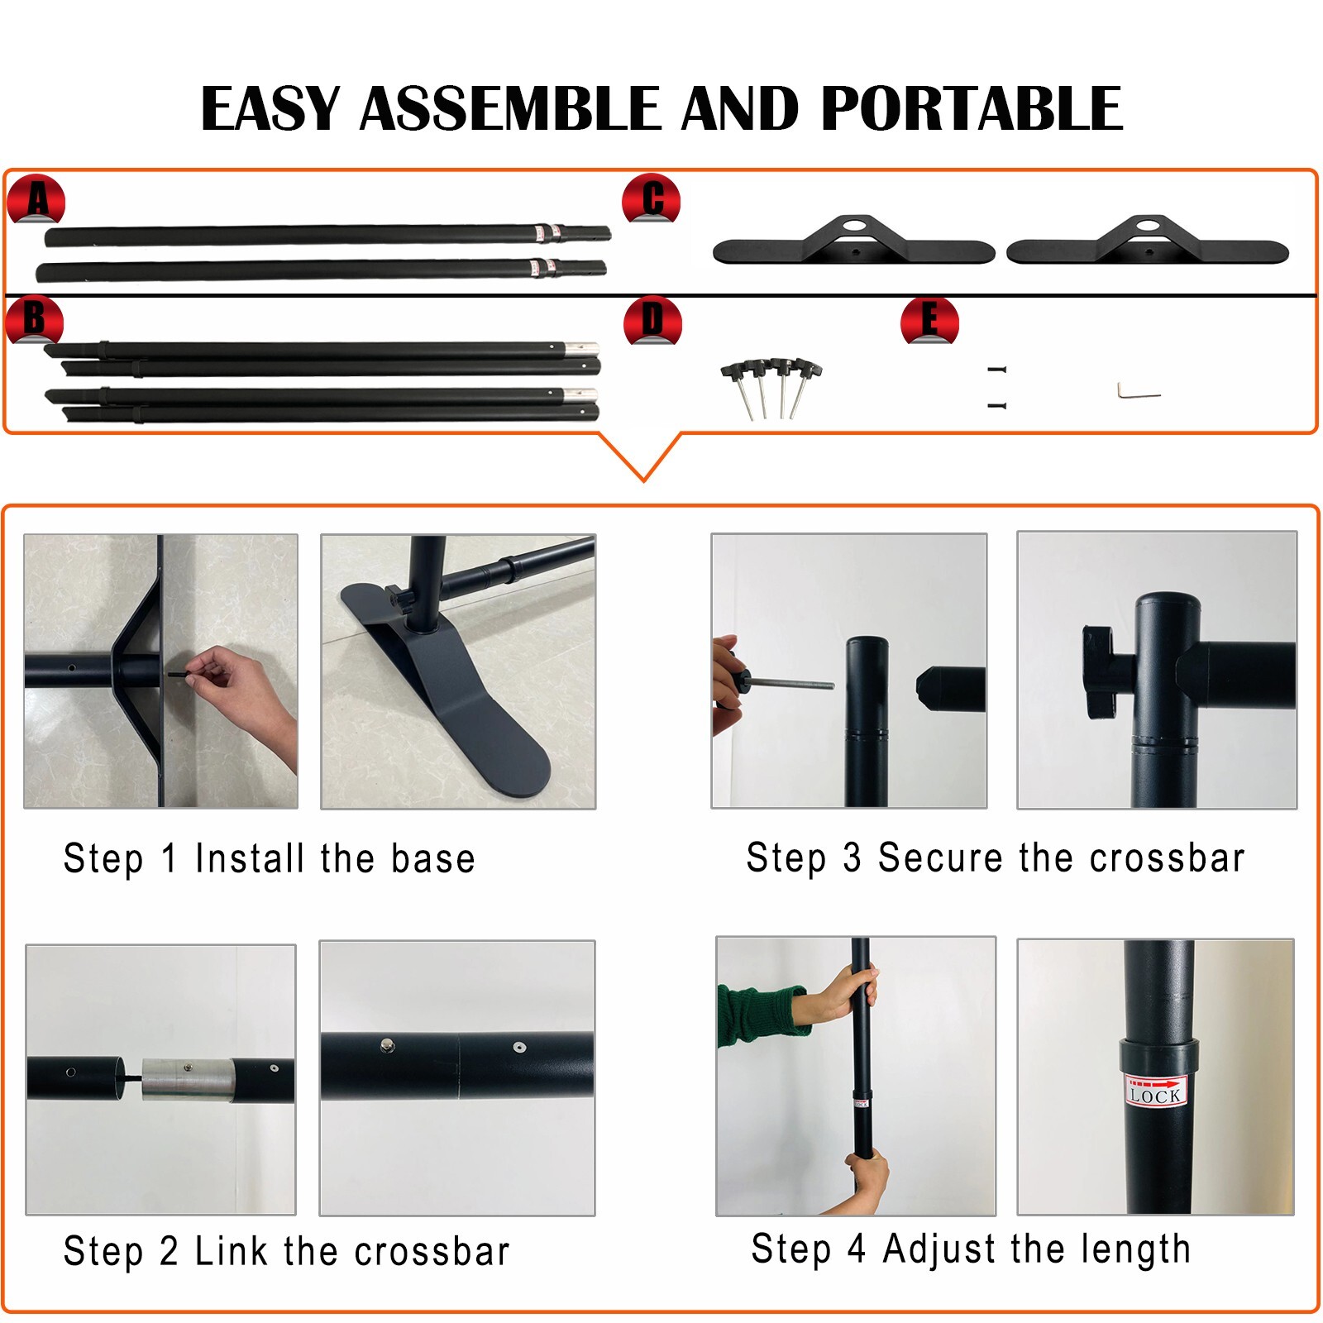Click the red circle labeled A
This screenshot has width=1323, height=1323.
[36, 199]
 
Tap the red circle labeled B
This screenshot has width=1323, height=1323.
[34, 320]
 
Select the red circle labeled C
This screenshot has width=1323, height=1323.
[652, 199]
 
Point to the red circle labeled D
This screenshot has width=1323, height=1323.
[652, 321]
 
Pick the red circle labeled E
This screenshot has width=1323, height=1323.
[929, 321]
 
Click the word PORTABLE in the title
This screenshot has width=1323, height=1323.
[972, 109]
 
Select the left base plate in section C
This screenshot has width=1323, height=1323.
[853, 243]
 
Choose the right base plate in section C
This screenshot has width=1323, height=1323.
[1148, 243]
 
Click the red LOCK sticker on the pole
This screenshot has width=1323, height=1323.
[1155, 1091]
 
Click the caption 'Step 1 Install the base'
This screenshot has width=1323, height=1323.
[270, 858]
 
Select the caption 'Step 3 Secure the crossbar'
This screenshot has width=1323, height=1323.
[996, 857]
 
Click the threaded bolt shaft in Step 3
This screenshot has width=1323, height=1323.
[794, 683]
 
